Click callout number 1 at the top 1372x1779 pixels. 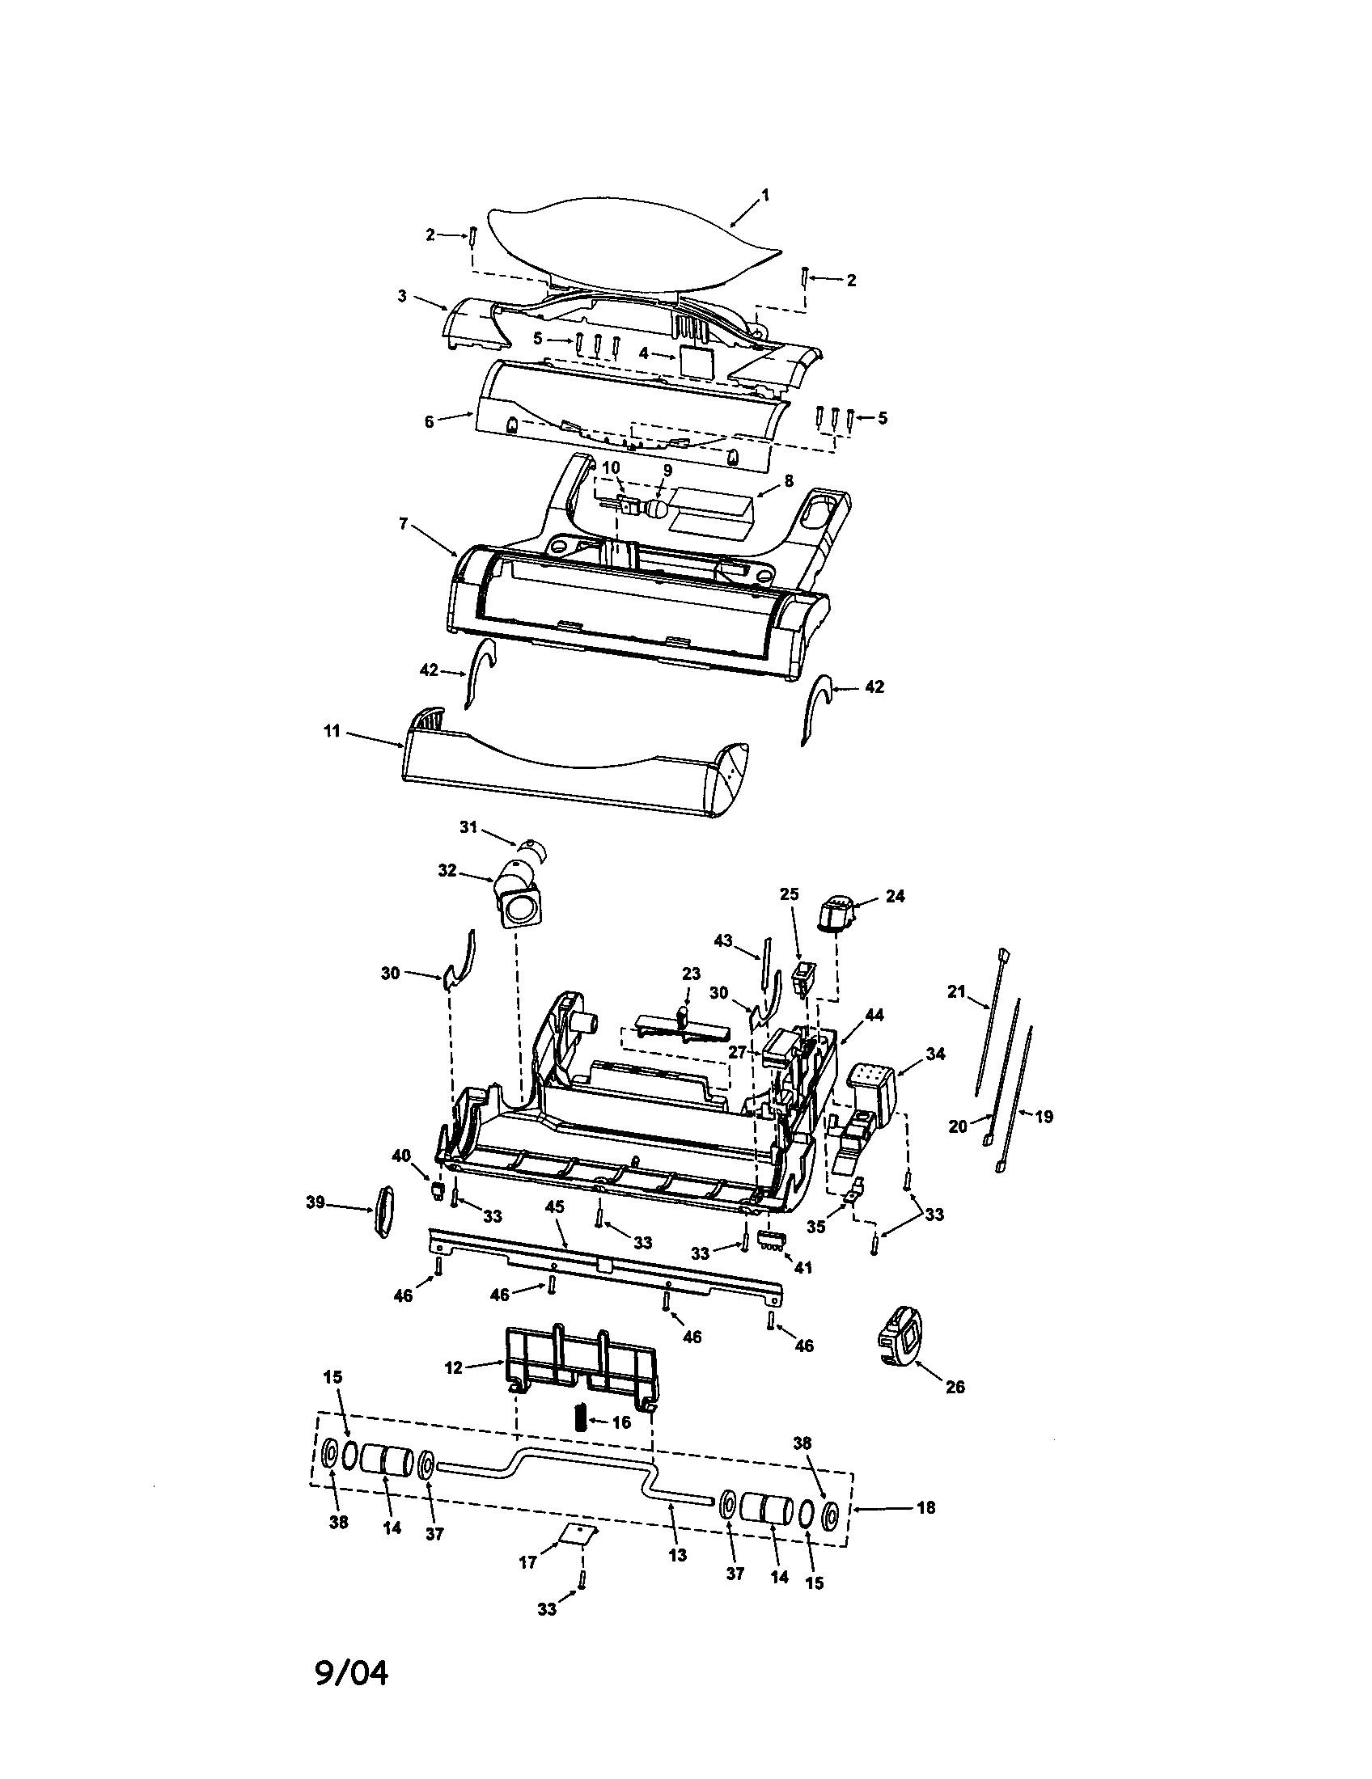click(765, 195)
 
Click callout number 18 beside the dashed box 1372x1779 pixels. click(925, 1507)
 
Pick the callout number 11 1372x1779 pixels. click(331, 731)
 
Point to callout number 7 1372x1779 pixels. click(403, 522)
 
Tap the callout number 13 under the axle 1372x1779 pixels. click(677, 1554)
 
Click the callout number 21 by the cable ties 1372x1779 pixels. click(955, 991)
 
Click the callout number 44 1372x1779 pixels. click(874, 1015)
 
